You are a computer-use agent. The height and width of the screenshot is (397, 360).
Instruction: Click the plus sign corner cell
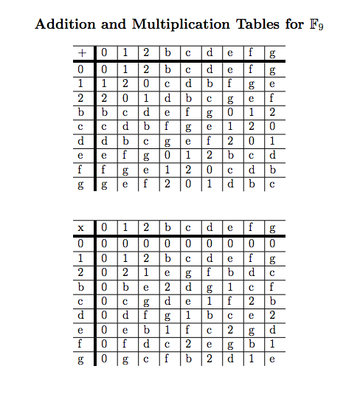(x=83, y=53)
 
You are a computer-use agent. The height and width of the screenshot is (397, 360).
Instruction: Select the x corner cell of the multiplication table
(x=83, y=227)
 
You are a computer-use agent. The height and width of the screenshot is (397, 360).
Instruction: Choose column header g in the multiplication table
(x=273, y=227)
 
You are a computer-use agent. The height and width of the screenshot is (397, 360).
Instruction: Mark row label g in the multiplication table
(x=83, y=359)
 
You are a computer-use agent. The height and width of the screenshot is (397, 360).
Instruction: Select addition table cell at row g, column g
(x=273, y=184)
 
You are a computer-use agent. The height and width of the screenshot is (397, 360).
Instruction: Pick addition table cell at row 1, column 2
(x=145, y=84)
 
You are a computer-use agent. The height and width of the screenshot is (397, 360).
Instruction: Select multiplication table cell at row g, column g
(x=273, y=359)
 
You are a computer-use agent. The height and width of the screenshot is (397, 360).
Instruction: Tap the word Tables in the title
(x=254, y=24)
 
